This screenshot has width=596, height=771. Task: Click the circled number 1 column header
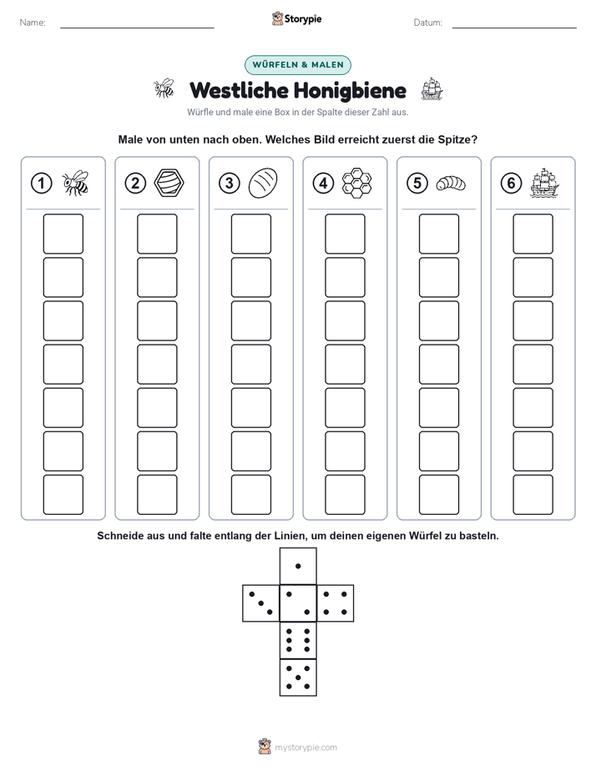[41, 184]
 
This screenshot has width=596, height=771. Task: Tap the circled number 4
[323, 184]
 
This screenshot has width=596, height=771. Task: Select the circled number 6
[511, 184]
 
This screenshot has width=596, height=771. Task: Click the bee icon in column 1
[75, 183]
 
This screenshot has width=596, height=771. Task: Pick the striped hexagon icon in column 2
[169, 183]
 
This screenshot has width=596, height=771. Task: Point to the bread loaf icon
[263, 183]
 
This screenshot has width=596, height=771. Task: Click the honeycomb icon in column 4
[357, 183]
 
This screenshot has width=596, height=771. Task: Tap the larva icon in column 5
[451, 184]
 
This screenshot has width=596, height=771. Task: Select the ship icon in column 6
[545, 183]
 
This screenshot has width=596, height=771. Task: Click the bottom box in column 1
[63, 495]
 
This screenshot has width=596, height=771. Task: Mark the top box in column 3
[250, 234]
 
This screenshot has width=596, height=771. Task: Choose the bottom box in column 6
[533, 495]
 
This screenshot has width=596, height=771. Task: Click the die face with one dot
[298, 566]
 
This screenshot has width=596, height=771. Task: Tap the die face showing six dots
[298, 640]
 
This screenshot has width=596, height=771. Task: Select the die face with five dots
[298, 678]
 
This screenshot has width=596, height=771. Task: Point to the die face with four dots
[336, 602]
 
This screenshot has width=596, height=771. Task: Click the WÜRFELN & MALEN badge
[298, 65]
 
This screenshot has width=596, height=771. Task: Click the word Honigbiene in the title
[351, 91]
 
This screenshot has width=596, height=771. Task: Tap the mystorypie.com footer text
[306, 748]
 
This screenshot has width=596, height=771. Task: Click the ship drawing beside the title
[432, 89]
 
